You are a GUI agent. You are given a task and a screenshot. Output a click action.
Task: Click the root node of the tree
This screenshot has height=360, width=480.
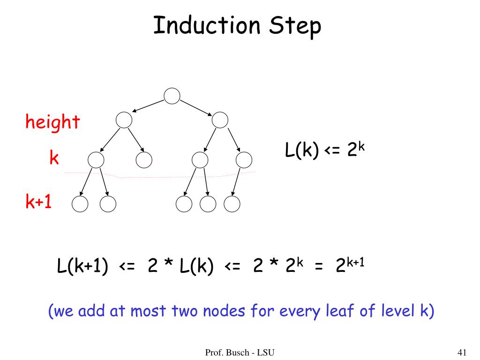[x=172, y=96]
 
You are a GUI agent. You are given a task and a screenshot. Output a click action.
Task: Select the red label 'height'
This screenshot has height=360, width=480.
[x=52, y=123]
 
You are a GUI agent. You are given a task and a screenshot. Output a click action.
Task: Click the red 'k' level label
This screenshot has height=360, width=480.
[x=54, y=158]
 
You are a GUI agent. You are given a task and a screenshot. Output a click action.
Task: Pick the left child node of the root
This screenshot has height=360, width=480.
[x=124, y=120]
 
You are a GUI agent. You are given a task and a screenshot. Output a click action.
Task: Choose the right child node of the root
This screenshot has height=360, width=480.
[x=219, y=120]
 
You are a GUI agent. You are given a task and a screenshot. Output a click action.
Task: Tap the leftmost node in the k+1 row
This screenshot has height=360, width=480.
[x=80, y=204]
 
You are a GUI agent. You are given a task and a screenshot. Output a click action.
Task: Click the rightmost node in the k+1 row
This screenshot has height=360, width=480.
[x=232, y=204]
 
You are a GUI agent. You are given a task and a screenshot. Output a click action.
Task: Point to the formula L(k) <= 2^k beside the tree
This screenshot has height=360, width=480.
[x=324, y=150]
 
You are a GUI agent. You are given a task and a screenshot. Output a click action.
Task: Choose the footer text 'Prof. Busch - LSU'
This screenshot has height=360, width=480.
[x=240, y=352]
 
